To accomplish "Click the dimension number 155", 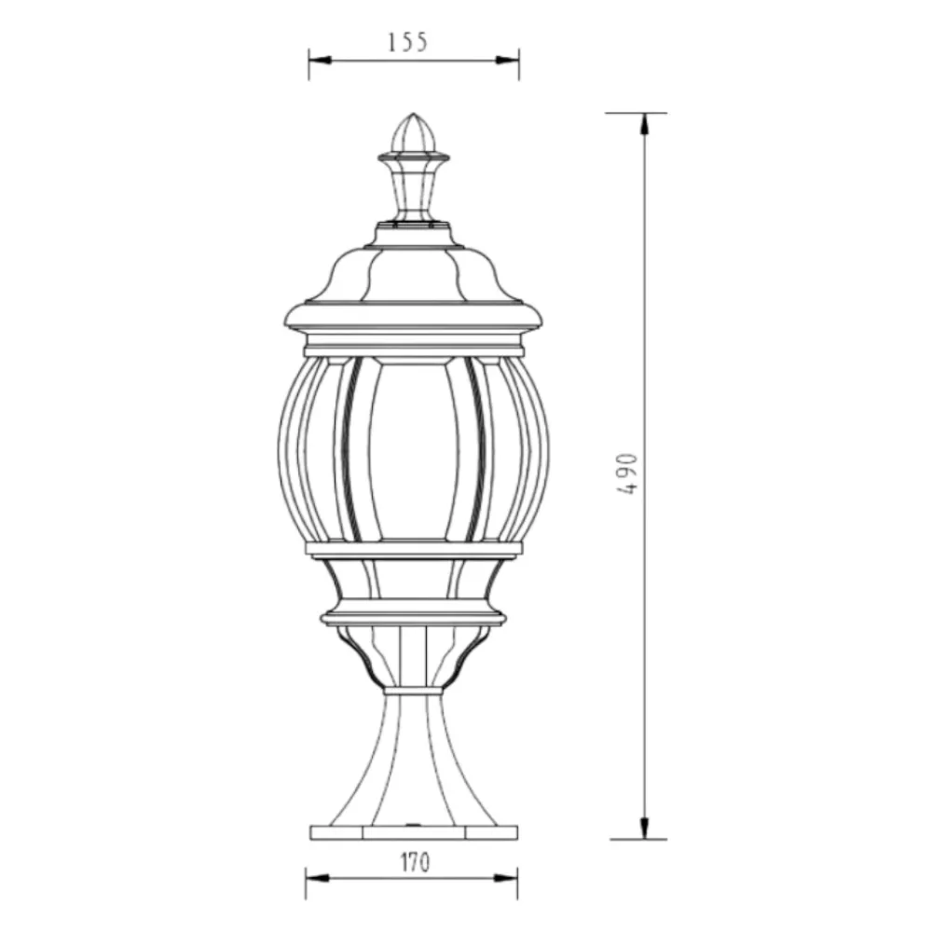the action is [408, 42].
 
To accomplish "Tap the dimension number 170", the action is [415, 862].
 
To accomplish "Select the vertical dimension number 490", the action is [627, 474].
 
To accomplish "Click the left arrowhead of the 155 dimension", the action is [320, 60].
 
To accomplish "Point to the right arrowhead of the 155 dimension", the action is [508, 60].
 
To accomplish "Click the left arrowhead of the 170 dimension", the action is [317, 878].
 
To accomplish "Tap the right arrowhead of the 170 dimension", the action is [506, 878].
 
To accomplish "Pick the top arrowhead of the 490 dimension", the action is [644, 124].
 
